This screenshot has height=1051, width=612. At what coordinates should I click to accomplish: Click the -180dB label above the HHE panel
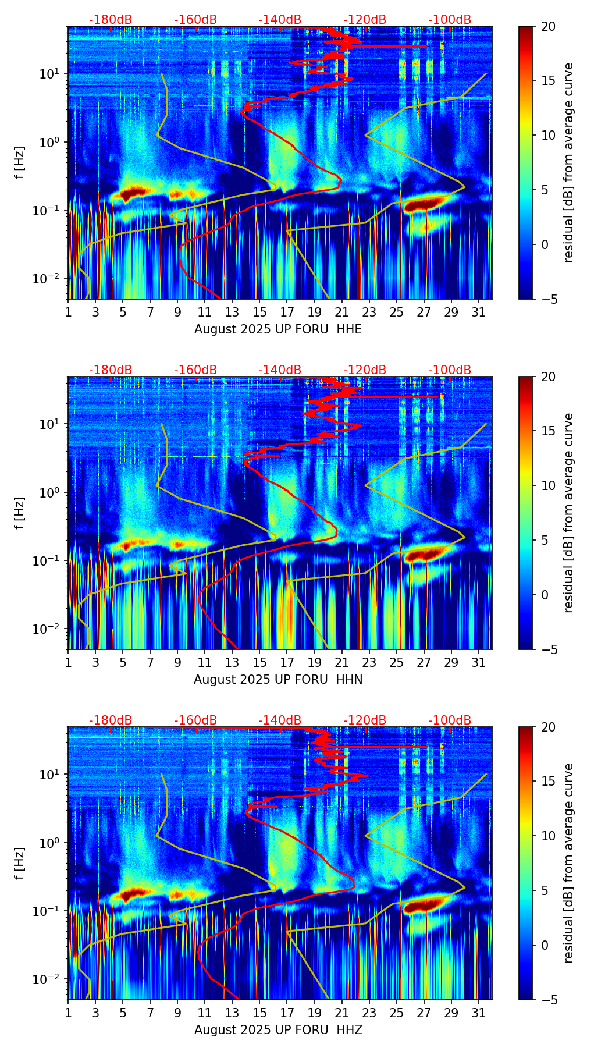(111, 20)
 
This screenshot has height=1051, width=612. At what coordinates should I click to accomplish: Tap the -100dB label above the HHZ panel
(450, 720)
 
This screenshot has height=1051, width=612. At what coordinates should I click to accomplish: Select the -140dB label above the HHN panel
(280, 370)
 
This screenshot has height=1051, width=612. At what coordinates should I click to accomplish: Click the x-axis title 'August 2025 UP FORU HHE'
(278, 329)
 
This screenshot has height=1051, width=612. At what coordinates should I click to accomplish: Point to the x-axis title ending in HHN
(278, 680)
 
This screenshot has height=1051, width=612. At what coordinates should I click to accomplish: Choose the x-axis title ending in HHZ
(278, 1030)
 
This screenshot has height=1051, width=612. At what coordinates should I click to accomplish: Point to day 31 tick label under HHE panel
(479, 313)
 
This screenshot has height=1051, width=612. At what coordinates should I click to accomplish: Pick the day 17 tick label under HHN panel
(287, 663)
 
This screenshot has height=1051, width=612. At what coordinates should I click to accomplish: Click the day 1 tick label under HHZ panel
(68, 1013)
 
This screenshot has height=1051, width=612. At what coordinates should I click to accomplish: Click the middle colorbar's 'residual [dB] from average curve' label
(568, 513)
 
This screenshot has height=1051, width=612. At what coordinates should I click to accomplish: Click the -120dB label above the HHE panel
(365, 20)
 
